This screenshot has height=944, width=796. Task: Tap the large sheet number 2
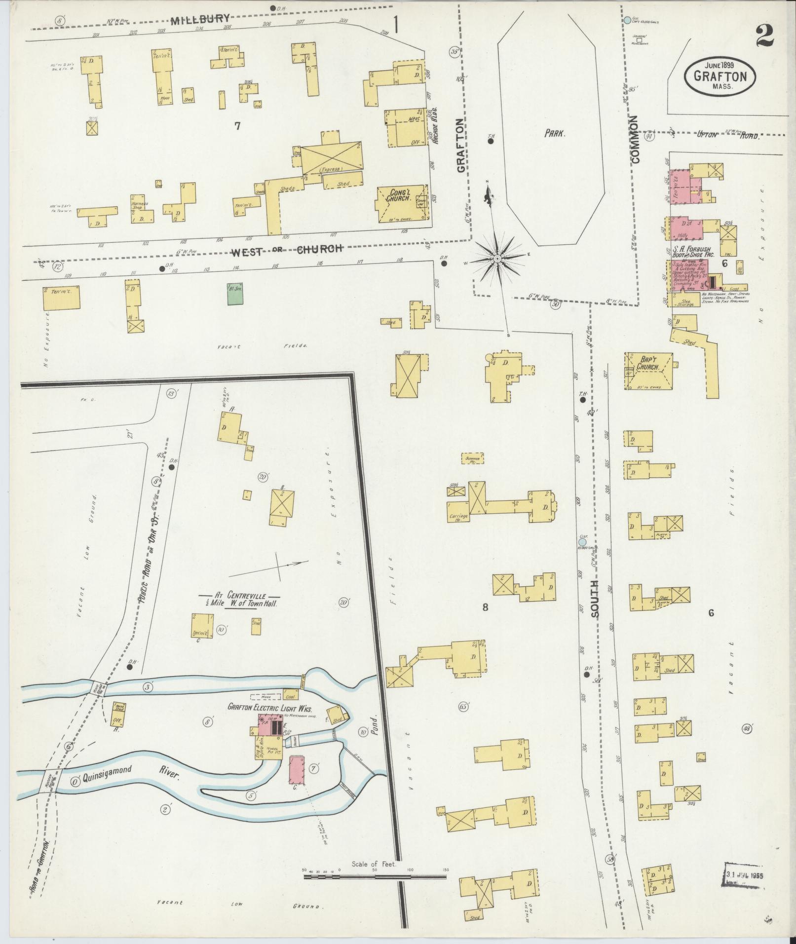764,36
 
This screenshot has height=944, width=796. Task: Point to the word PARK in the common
555,133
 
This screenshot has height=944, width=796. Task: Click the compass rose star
497,259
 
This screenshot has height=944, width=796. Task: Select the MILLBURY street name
200,20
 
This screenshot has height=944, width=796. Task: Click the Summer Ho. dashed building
473,458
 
